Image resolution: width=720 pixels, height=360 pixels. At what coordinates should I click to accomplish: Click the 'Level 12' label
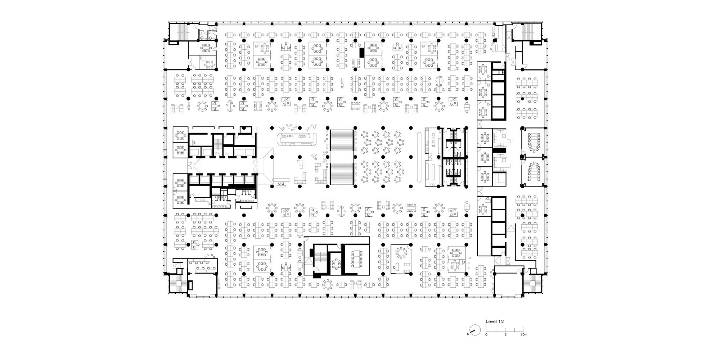[x=495, y=321]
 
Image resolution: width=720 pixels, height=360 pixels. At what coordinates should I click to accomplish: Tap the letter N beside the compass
[x=468, y=334]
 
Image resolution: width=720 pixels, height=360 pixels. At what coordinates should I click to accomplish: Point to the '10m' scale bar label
[x=524, y=334]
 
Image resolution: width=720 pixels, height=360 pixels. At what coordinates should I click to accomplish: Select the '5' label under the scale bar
[x=505, y=334]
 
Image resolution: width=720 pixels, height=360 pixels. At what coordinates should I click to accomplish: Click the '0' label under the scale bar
[x=486, y=334]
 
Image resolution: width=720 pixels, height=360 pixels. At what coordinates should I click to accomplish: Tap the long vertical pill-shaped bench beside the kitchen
[x=419, y=158]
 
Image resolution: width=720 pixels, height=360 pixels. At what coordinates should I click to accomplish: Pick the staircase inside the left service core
[x=217, y=144]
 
